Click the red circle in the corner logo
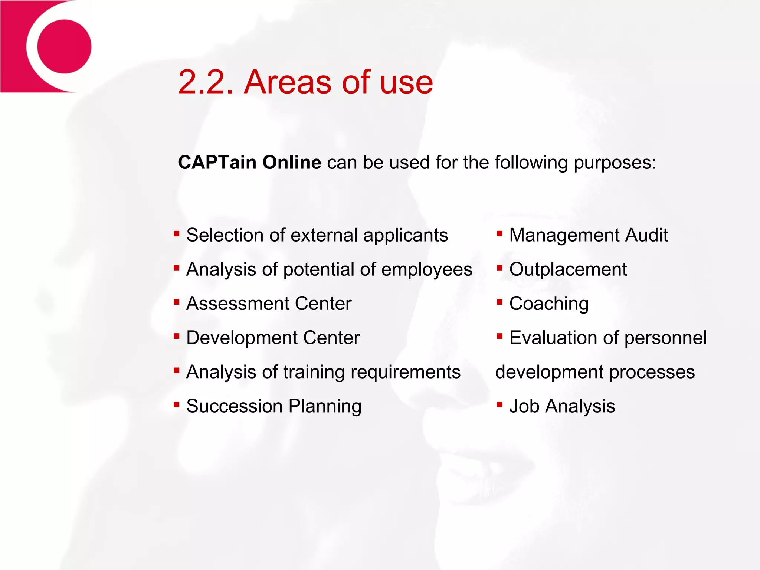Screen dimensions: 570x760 [64, 46]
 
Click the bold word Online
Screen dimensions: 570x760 [292, 163]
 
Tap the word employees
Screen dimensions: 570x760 [427, 270]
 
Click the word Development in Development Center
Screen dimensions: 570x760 [242, 338]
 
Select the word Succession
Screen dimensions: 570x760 [235, 406]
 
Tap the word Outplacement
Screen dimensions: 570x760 [568, 269]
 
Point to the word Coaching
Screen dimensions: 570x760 [549, 304]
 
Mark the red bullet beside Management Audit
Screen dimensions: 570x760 [499, 233]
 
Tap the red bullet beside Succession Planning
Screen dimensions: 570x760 [177, 404]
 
